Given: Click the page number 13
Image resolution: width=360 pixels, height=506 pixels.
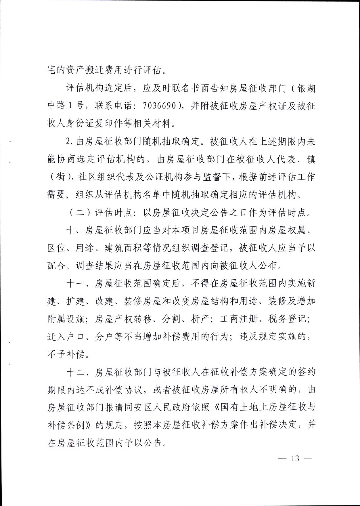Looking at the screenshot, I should click(295, 458).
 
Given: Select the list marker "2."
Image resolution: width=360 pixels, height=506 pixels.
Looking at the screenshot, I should click(70, 142).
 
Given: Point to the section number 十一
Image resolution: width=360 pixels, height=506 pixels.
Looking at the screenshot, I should click(76, 284).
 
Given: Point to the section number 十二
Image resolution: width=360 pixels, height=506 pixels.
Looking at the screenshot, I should click(76, 372).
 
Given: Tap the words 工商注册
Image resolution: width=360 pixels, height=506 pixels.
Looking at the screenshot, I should click(239, 319).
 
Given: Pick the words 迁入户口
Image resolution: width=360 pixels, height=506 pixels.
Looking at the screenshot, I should click(66, 337).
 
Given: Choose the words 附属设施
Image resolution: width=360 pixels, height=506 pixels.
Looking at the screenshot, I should click(66, 319).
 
